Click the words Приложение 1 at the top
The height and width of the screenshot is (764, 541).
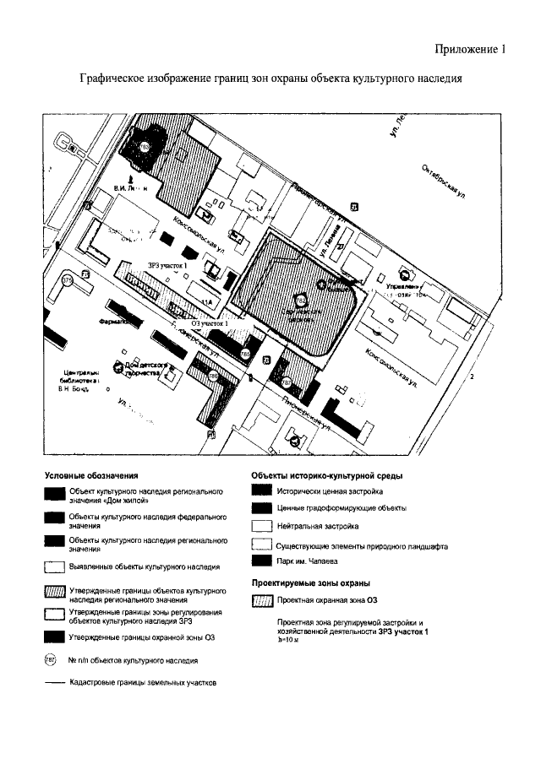click(471, 49)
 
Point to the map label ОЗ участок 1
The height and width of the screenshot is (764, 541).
click(210, 323)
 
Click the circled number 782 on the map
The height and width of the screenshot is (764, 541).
click(301, 298)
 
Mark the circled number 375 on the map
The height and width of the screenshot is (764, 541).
click(67, 280)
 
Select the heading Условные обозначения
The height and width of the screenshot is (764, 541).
click(90, 476)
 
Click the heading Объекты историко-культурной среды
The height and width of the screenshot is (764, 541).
click(320, 476)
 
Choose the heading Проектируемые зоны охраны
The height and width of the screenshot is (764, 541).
click(310, 583)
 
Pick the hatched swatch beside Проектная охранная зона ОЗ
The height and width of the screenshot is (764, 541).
click(263, 601)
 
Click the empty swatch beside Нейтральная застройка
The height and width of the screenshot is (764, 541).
click(263, 525)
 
